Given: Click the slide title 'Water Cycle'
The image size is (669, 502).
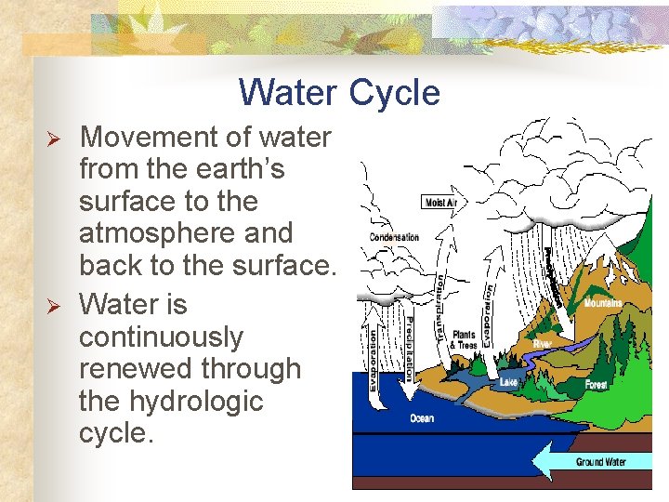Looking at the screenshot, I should coord(338,93).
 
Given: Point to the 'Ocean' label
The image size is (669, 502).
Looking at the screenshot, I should coord(422,418).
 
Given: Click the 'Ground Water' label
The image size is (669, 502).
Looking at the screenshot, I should coord(600,462).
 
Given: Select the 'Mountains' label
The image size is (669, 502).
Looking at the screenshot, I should coord(603,303).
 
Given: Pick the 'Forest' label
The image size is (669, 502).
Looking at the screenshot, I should coord(596,385).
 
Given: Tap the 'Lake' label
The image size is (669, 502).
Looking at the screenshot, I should coord(509,382).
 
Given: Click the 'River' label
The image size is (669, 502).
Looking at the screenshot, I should coord(543,343).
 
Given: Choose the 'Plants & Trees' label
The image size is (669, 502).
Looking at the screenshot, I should coord(463,340).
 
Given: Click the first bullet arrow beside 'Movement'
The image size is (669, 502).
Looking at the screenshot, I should coord(54,139).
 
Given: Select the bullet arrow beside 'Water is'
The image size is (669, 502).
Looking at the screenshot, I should coord(54,306).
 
